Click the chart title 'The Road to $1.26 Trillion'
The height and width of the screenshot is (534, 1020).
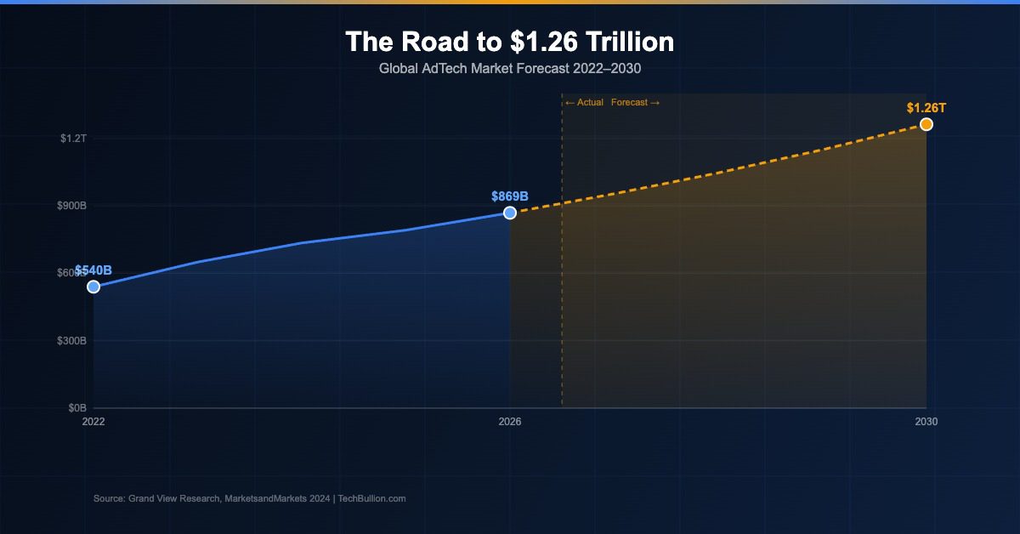tap(509, 42)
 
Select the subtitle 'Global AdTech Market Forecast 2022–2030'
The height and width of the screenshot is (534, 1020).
tap(509, 67)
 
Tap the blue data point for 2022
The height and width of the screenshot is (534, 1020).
tap(93, 287)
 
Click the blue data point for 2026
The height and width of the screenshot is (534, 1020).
tap(510, 213)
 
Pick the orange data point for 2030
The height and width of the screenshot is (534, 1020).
tap(926, 125)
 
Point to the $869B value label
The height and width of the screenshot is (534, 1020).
tap(510, 196)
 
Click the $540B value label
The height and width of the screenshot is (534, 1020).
tap(93, 270)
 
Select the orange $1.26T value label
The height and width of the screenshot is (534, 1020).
tap(926, 108)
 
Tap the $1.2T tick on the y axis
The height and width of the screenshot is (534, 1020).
tap(73, 138)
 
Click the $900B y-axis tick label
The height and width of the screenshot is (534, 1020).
tap(71, 206)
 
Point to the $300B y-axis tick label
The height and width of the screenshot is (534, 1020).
tap(71, 341)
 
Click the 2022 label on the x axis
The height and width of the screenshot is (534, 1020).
tap(93, 422)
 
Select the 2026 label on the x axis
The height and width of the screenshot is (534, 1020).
tap(510, 422)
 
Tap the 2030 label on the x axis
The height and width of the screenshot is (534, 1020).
tap(926, 422)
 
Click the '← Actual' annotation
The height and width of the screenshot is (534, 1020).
tap(584, 103)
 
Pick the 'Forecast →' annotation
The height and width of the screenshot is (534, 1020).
tap(635, 103)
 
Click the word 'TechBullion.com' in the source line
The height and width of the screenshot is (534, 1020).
tap(371, 498)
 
